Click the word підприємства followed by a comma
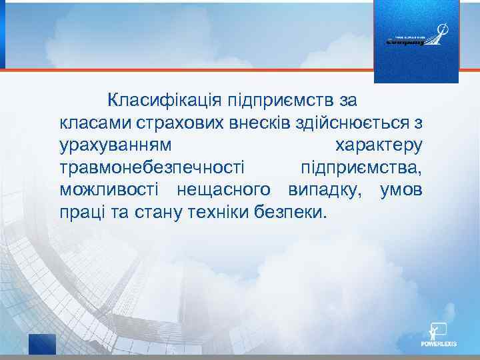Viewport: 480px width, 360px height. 361,167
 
